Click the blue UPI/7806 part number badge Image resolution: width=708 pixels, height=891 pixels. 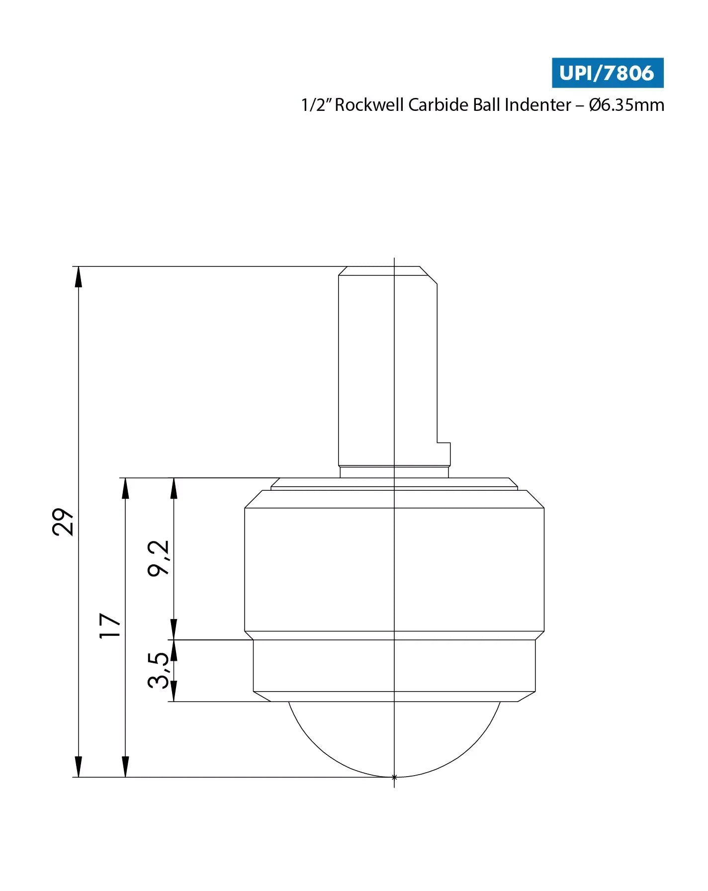tap(607, 73)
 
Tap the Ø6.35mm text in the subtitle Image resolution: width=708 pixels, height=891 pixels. tap(626, 105)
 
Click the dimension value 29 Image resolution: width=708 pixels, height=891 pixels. tap(63, 522)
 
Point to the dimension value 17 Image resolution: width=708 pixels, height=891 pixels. tap(110, 625)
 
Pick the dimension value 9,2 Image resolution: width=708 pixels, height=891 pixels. tap(159, 558)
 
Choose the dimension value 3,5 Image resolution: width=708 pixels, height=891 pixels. tap(159, 670)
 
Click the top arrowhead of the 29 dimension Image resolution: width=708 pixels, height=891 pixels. tap(78, 276)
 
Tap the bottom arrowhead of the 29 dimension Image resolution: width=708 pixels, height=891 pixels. tap(78, 767)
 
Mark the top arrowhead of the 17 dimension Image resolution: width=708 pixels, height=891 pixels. tap(125, 488)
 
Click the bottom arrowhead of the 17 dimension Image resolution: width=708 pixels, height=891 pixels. tap(125, 767)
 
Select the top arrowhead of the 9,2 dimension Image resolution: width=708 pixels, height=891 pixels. tap(174, 488)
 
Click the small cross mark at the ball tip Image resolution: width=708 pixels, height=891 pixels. tap(394, 777)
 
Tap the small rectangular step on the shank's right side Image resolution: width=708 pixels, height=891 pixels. tap(443, 453)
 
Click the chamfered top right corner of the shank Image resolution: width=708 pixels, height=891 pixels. tap(429, 275)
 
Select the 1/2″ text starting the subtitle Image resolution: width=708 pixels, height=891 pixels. tap(316, 105)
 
